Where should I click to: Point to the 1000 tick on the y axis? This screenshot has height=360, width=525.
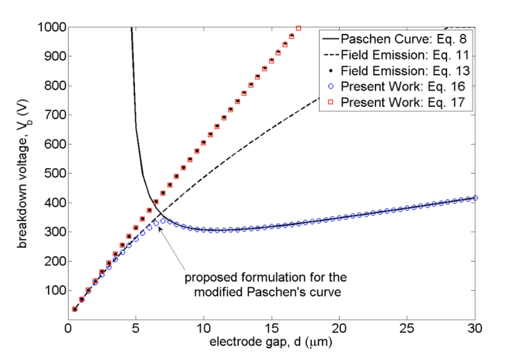click(x=51, y=27)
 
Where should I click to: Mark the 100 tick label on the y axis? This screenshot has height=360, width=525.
click(x=54, y=290)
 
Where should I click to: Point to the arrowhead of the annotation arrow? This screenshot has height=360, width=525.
click(x=159, y=227)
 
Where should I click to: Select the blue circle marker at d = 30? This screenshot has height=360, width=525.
click(x=475, y=198)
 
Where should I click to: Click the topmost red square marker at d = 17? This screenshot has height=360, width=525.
click(x=298, y=28)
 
